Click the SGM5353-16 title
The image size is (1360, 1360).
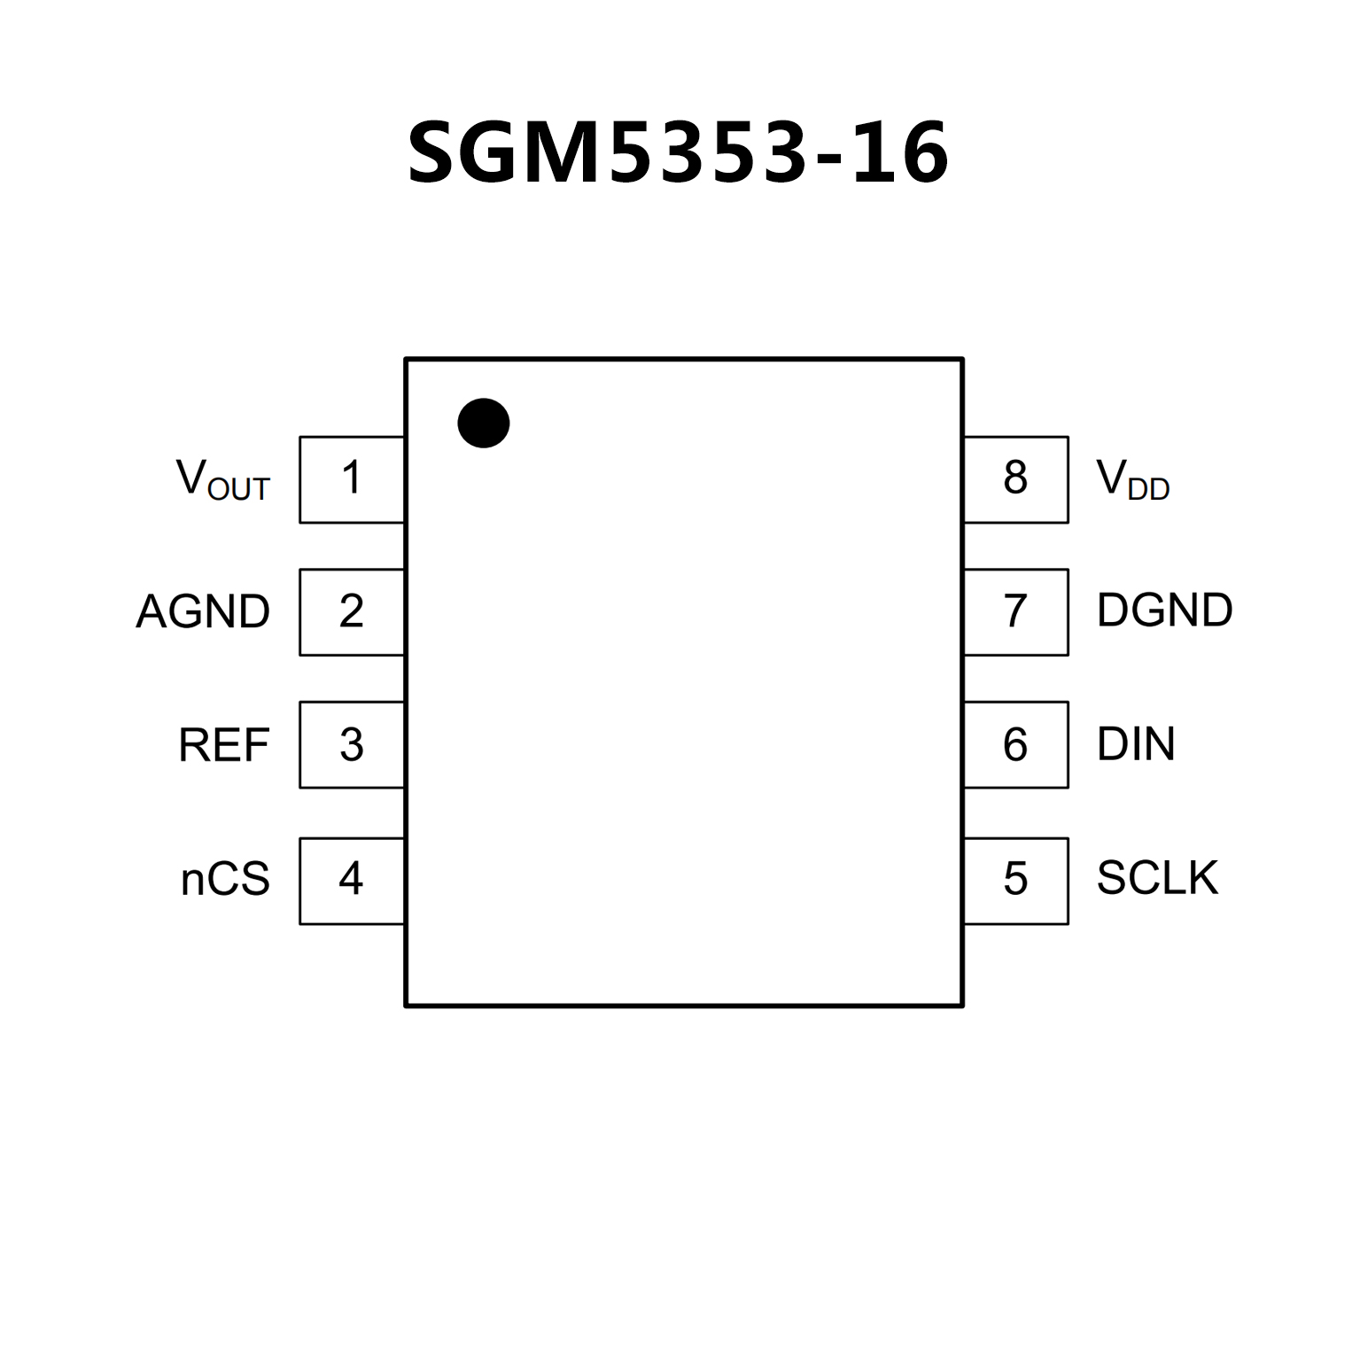pyautogui.click(x=678, y=154)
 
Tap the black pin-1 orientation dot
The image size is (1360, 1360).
pyautogui.click(x=484, y=423)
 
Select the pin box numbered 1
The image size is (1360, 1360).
pyautogui.click(x=352, y=479)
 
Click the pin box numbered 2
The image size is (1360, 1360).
pyautogui.click(x=352, y=612)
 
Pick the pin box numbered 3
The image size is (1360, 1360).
pyautogui.click(x=352, y=745)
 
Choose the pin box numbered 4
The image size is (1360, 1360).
pyautogui.click(x=352, y=880)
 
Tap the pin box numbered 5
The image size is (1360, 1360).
pyautogui.click(x=1015, y=880)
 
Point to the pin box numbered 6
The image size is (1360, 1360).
pyautogui.click(x=1015, y=745)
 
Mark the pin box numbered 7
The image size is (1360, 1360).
pyautogui.click(x=1015, y=612)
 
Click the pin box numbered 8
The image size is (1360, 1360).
pyautogui.click(x=1015, y=479)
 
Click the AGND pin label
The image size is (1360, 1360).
pyautogui.click(x=203, y=612)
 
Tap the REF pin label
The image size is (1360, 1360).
pyautogui.click(x=223, y=745)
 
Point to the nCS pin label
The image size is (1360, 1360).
pyautogui.click(x=225, y=880)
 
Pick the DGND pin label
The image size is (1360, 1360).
pyautogui.click(x=1164, y=610)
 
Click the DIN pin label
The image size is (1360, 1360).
pyautogui.click(x=1136, y=744)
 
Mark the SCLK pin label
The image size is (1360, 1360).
pyautogui.click(x=1157, y=878)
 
